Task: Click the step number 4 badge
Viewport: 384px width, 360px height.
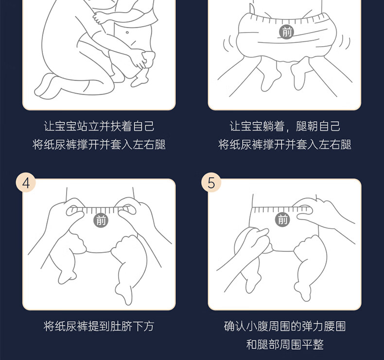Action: (x=26, y=182)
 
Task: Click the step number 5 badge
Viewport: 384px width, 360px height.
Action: (x=211, y=182)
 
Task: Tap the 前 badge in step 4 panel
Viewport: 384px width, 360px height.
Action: (x=101, y=220)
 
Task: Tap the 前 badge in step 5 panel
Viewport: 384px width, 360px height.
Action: (x=282, y=219)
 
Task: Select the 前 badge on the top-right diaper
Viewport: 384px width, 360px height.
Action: (x=286, y=31)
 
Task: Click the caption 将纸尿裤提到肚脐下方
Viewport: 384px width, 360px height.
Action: (x=99, y=326)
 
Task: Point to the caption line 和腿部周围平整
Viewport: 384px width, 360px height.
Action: (x=285, y=344)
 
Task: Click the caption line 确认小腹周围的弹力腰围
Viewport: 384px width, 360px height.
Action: (x=285, y=326)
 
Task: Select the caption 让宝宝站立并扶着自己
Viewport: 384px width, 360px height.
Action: (x=99, y=126)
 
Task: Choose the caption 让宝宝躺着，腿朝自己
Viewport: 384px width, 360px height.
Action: (x=285, y=126)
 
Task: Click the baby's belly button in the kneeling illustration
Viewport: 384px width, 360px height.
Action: (x=127, y=32)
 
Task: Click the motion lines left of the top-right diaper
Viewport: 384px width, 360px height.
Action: (x=227, y=44)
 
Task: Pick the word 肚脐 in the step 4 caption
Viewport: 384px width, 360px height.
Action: (x=122, y=326)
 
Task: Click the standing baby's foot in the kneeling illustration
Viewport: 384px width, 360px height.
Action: (x=140, y=78)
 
